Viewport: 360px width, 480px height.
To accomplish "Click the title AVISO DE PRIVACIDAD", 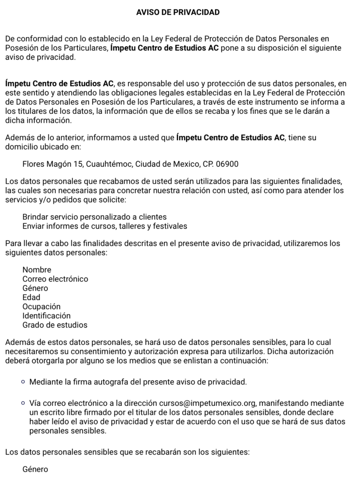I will click(178, 13).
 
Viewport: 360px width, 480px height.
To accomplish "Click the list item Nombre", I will click(37, 270).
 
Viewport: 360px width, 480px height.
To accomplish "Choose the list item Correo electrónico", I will click(55, 279).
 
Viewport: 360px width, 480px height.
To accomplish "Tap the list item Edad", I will click(31, 297).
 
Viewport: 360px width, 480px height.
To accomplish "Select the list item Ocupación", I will click(42, 307).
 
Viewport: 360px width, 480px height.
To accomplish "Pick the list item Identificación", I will click(46, 316).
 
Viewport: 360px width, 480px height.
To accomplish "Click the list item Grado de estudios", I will click(55, 325).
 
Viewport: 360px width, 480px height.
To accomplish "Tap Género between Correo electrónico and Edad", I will click(35, 288).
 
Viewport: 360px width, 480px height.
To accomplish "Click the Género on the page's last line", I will click(35, 469).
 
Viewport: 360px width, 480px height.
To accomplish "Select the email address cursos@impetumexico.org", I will click(208, 403).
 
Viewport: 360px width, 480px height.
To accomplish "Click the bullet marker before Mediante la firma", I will click(23, 382).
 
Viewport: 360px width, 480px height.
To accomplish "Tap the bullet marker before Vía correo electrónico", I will click(23, 403).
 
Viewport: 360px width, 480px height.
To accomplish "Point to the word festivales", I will click(169, 226).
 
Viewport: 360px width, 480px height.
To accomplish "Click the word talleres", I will click(126, 226).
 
